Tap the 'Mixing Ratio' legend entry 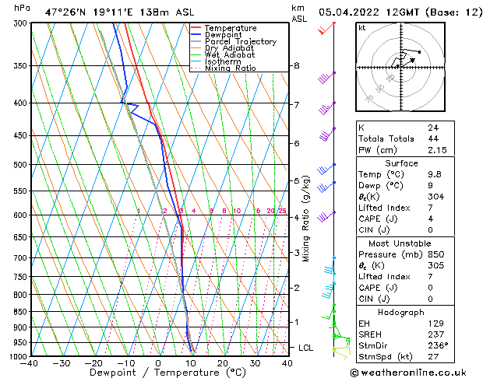[230, 68]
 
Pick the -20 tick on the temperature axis [93, 362]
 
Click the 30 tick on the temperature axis [255, 362]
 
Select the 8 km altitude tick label [297, 66]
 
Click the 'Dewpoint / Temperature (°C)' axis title [159, 373]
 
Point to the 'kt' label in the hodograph [362, 28]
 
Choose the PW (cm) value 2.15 [437, 149]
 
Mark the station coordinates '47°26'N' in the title [64, 12]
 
